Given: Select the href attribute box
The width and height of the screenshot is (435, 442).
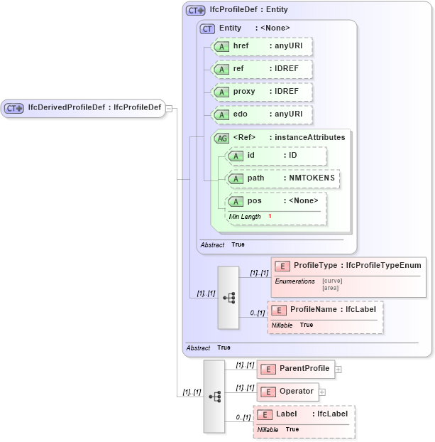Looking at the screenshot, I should [x=263, y=46].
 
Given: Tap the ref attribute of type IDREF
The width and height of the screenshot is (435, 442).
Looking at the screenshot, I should [x=263, y=69].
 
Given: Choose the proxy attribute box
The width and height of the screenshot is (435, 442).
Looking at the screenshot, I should [x=263, y=92].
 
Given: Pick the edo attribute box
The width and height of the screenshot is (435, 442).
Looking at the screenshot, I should [x=263, y=114].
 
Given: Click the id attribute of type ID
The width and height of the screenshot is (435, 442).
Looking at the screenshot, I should [x=276, y=156].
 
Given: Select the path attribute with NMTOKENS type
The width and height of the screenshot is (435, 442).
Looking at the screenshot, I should [x=282, y=178].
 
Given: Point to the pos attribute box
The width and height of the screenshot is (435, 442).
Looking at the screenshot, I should [x=276, y=201].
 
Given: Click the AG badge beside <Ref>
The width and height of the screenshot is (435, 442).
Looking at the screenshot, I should [x=221, y=138].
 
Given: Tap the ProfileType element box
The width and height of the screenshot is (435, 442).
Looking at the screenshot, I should [x=349, y=266].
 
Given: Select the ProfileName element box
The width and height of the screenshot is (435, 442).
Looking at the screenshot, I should [x=326, y=310].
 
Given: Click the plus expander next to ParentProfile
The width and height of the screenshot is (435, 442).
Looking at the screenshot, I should [x=338, y=369].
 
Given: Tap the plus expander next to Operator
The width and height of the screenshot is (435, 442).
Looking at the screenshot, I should [x=322, y=392].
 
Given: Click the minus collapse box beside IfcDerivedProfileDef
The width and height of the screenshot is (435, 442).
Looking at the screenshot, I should [x=169, y=108].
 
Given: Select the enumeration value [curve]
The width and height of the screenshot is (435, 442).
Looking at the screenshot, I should [x=332, y=281].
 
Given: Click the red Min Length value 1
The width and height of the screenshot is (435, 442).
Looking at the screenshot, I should [x=270, y=216].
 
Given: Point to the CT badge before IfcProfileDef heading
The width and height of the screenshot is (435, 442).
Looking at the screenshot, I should [x=195, y=11].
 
